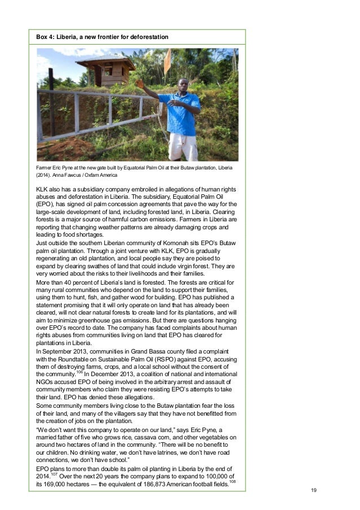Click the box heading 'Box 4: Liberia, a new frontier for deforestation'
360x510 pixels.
(x=102, y=37)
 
